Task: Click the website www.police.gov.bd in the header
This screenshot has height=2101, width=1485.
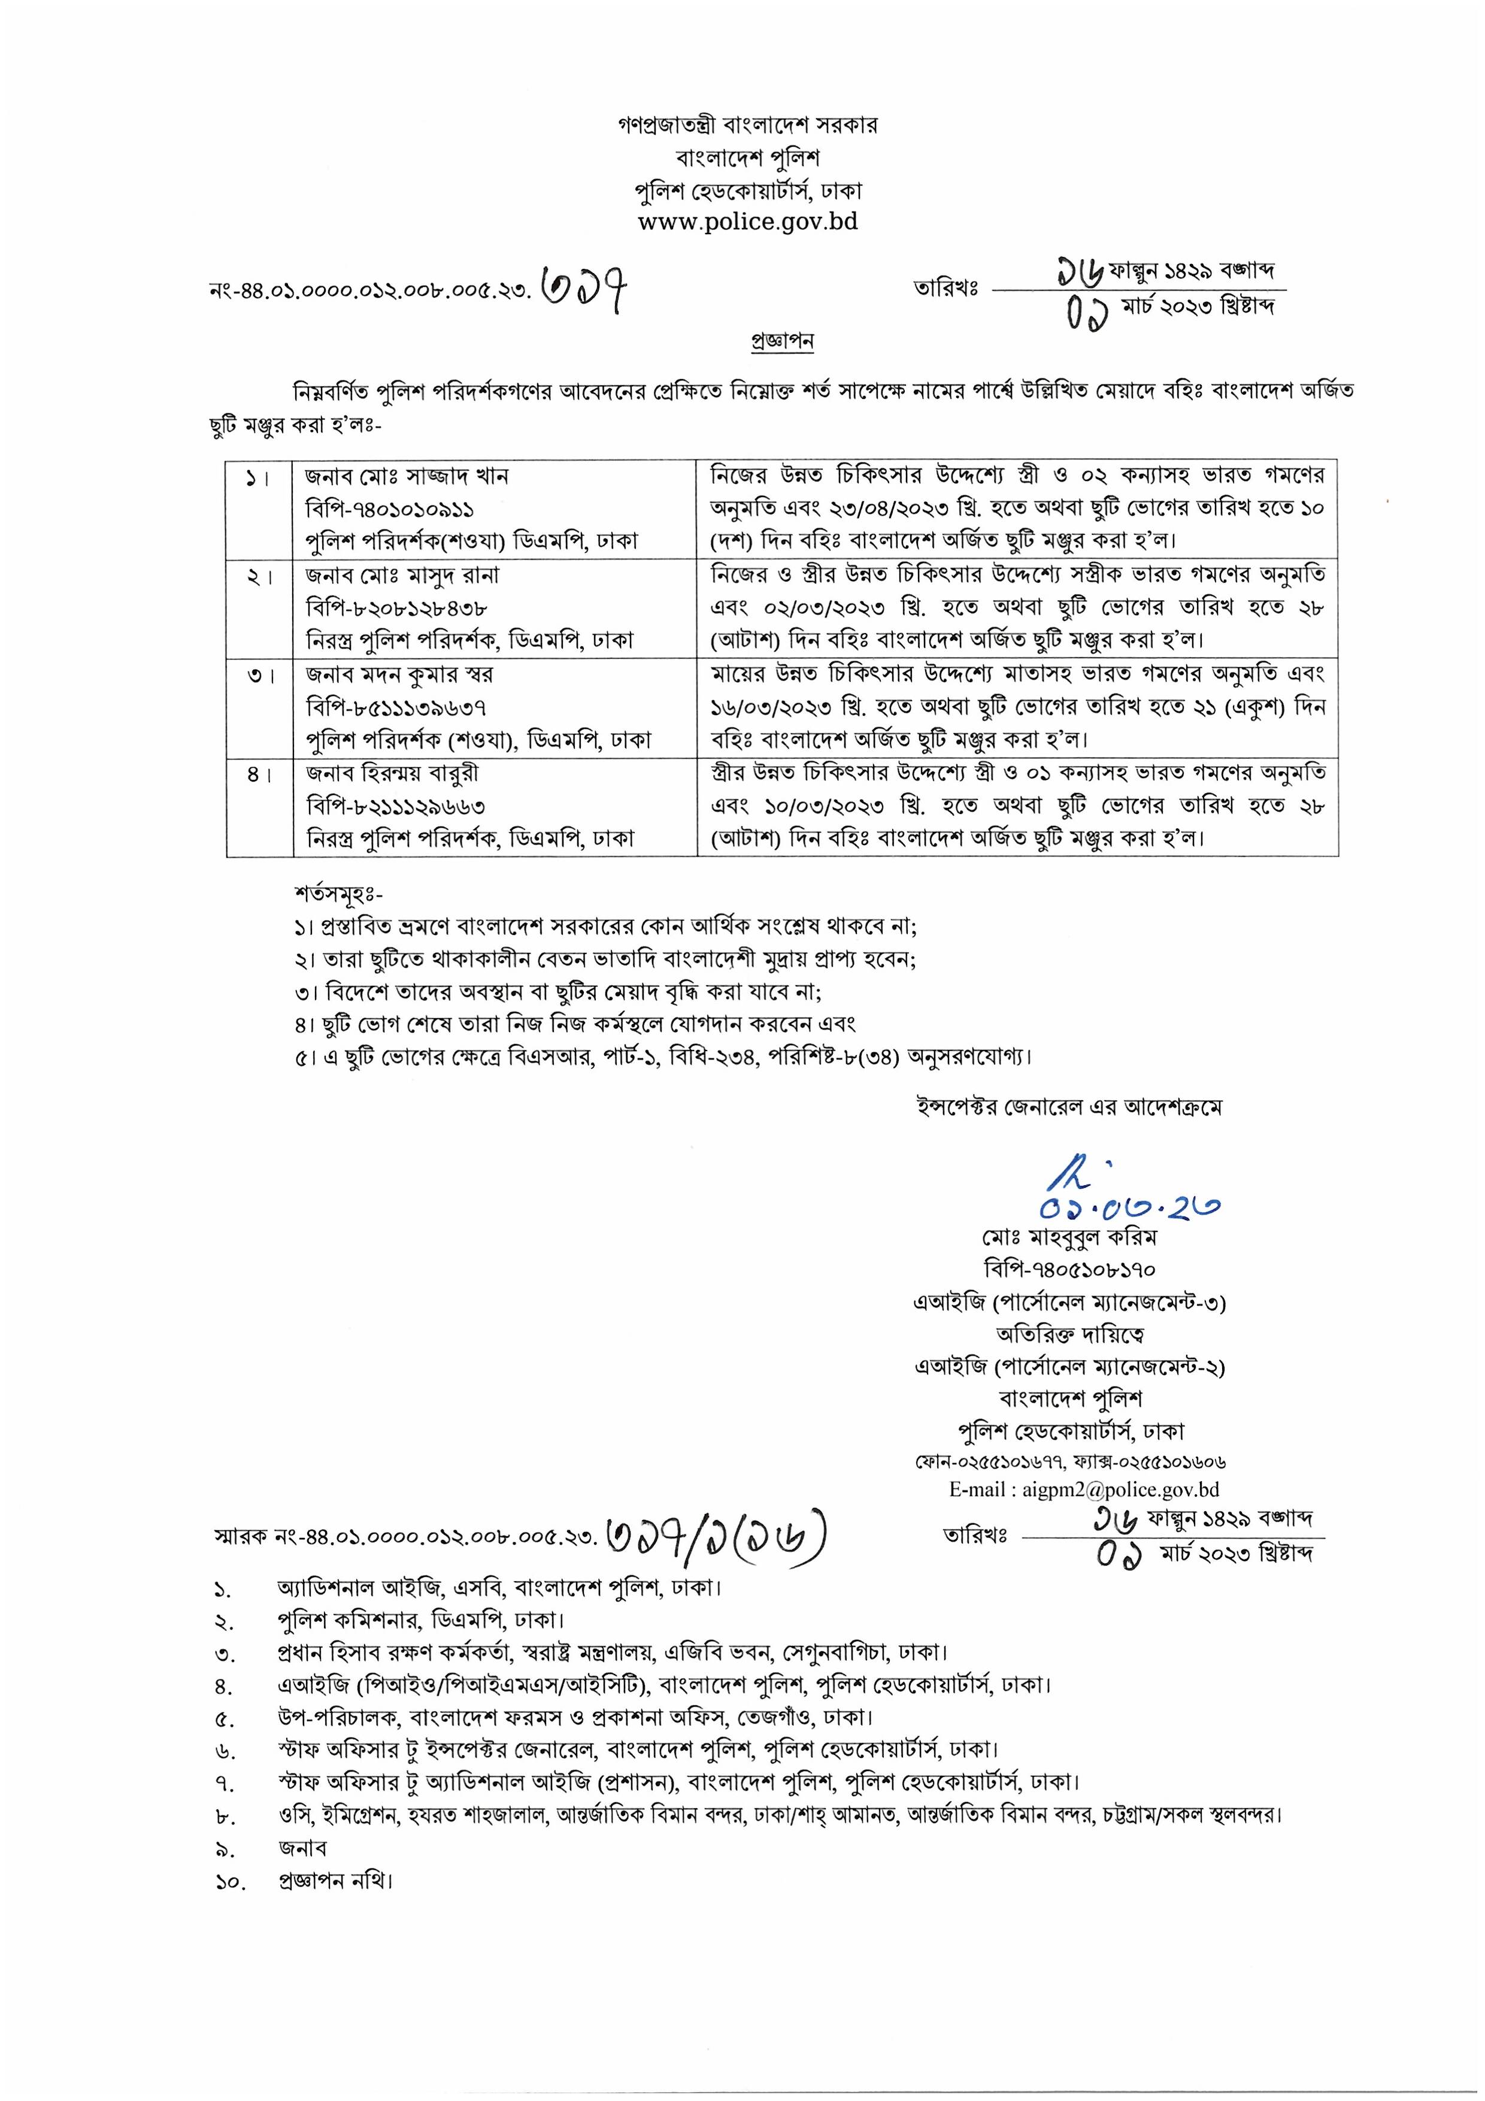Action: (x=747, y=222)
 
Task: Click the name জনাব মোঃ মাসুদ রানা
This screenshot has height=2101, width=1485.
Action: (x=402, y=576)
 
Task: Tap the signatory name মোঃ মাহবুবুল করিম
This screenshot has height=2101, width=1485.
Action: (x=1069, y=1237)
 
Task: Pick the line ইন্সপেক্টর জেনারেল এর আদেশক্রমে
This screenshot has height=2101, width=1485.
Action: (x=1069, y=1107)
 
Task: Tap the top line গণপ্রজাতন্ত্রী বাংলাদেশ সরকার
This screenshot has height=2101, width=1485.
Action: (x=747, y=125)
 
